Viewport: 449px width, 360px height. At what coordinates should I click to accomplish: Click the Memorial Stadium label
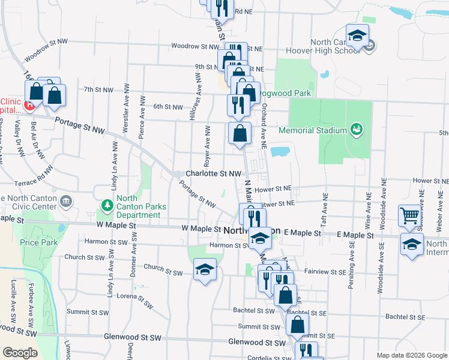[313, 130]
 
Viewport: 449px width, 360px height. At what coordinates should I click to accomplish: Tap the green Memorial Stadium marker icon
[356, 129]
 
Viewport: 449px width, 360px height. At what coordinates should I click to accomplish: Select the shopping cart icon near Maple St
[409, 215]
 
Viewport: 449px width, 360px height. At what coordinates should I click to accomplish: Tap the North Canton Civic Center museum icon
[67, 200]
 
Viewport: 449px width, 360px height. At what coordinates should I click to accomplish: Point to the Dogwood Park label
[286, 93]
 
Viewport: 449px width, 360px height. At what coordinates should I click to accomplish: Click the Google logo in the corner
[20, 352]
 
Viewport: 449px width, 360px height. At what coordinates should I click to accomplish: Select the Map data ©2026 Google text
[411, 355]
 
